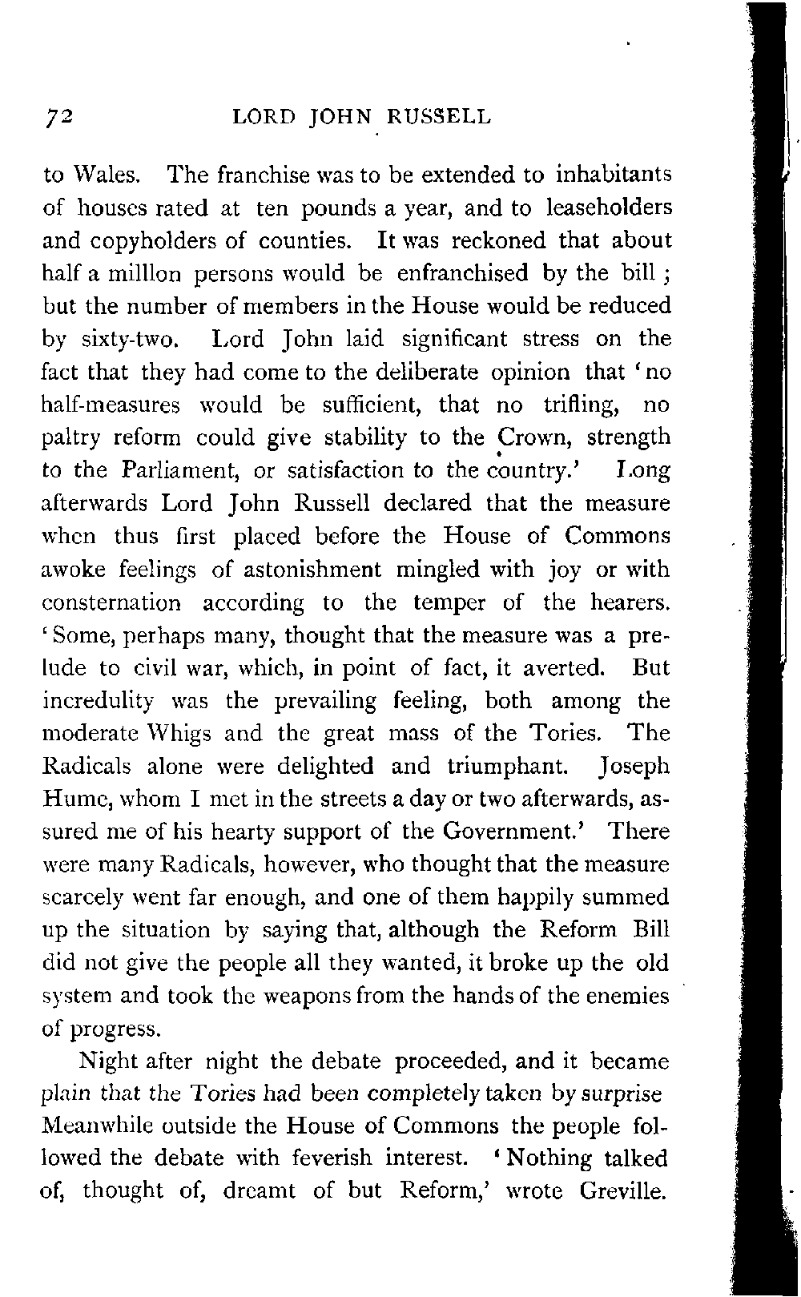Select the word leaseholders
pyautogui.click(x=607, y=208)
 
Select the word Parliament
pyautogui.click(x=182, y=470)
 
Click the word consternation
pyautogui.click(x=111, y=602)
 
